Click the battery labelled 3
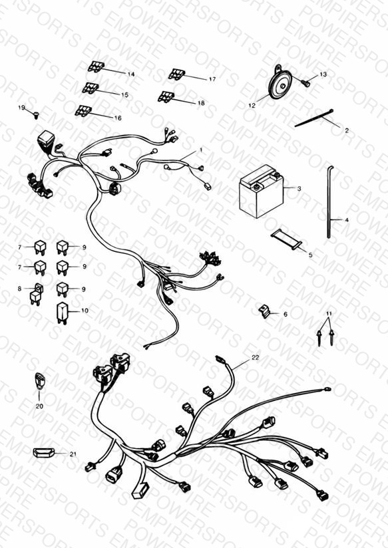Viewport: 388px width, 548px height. tap(262, 192)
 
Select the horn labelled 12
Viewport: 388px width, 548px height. tap(280, 84)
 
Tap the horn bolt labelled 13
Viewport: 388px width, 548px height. tap(305, 83)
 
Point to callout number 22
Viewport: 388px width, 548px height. tap(256, 358)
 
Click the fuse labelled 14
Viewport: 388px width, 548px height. tap(96, 67)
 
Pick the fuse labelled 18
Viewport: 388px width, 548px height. tap(166, 96)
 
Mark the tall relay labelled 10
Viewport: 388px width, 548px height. tap(62, 313)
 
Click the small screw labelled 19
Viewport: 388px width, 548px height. tap(36, 114)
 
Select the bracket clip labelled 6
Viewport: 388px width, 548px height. tap(264, 311)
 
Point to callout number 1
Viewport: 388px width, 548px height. tap(201, 150)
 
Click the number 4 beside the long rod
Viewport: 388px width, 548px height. tap(346, 220)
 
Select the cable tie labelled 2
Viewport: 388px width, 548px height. tap(314, 118)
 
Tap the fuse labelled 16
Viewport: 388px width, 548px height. tap(83, 111)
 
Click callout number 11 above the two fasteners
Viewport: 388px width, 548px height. tap(329, 313)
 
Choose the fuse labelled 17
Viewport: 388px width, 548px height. tap(176, 74)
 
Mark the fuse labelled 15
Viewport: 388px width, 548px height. tap(91, 88)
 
